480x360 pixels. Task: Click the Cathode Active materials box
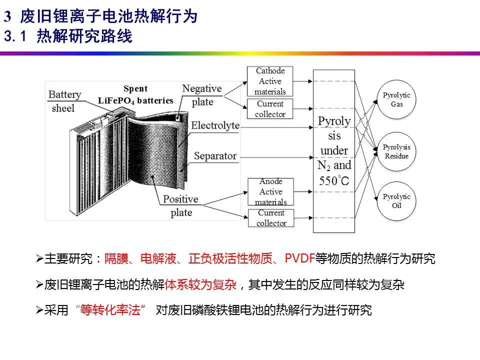(x=270, y=81)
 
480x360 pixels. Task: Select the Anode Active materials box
(x=270, y=191)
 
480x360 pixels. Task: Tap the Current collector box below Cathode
(x=270, y=109)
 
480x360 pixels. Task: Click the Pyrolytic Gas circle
(x=396, y=99)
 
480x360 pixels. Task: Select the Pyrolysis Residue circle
(x=396, y=151)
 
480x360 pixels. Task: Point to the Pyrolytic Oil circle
(x=396, y=201)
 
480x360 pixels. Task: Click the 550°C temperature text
(x=334, y=181)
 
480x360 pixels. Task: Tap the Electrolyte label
(x=215, y=125)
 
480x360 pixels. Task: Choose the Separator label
(x=215, y=156)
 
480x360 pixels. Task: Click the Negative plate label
(x=201, y=95)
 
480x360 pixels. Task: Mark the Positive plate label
(x=181, y=205)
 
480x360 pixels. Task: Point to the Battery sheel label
(x=64, y=101)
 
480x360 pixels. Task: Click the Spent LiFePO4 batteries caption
(x=135, y=94)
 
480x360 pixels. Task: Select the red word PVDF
(x=299, y=258)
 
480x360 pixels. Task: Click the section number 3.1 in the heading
(x=15, y=36)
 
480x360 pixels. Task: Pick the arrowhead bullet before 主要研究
(x=39, y=258)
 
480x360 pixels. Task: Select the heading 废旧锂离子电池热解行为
(x=109, y=16)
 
